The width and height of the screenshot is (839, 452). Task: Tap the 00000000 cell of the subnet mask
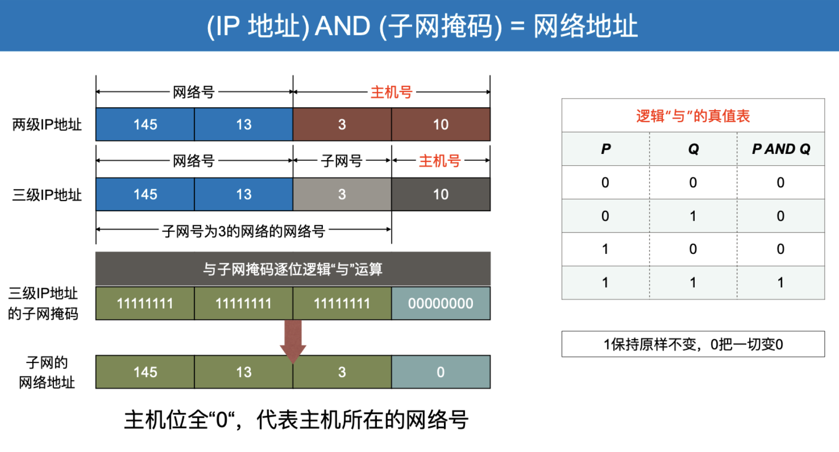[x=441, y=303]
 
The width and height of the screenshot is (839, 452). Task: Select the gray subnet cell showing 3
[x=342, y=194]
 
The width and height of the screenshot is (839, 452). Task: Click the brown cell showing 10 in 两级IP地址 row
[x=441, y=125]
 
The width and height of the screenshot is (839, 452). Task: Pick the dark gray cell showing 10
[x=441, y=194]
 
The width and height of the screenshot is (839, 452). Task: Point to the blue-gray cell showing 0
[x=441, y=372]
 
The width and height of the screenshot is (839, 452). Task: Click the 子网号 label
[x=341, y=161]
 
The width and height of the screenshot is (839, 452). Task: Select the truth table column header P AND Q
[x=781, y=149]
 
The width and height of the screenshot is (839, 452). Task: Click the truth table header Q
[x=693, y=149]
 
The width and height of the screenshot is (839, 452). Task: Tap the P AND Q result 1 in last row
[x=781, y=282]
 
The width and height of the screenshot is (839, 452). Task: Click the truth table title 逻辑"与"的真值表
[x=693, y=116]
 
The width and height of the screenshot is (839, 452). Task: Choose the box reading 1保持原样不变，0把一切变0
[x=693, y=344]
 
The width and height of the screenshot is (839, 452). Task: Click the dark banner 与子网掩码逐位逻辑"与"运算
[x=293, y=269]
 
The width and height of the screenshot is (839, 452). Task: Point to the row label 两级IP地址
[x=47, y=125]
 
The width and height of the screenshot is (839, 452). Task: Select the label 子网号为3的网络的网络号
[x=243, y=231]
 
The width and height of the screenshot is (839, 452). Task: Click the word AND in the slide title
[x=342, y=26]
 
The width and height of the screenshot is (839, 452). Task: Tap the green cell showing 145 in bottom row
[x=145, y=372]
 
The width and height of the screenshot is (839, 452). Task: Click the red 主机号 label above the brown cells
[x=391, y=92]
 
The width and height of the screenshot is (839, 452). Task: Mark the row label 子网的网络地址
[x=47, y=373]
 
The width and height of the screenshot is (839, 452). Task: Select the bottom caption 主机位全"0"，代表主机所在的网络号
[x=296, y=420]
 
